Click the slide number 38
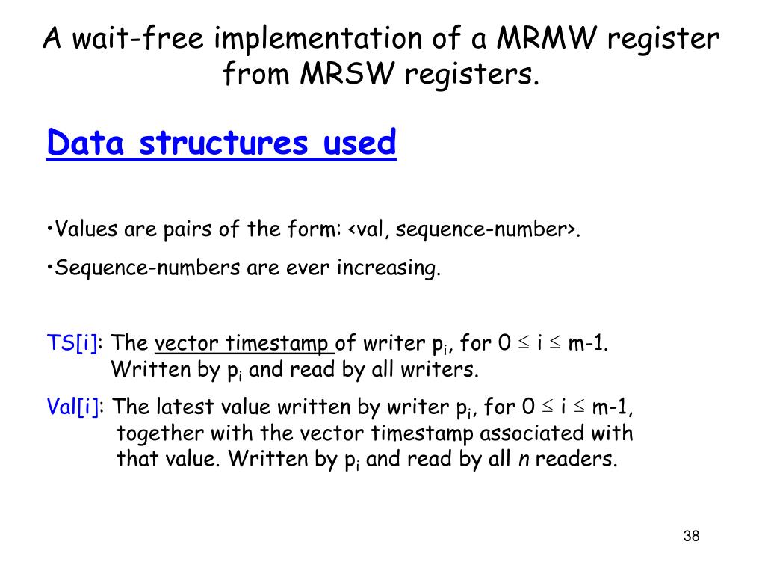pos(691,536)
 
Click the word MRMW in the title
pos(551,38)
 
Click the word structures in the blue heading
pos(223,142)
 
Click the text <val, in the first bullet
pos(368,229)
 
